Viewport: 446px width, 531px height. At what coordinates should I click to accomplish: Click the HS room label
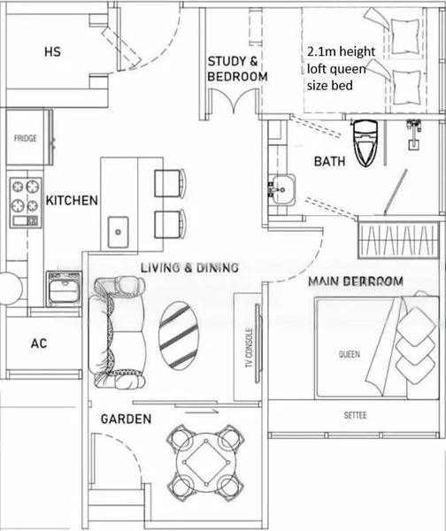(52, 52)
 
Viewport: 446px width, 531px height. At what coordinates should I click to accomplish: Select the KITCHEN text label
(72, 201)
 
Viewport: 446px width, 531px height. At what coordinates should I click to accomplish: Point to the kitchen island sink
(116, 232)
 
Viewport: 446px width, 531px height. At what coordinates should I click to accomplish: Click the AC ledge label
(38, 343)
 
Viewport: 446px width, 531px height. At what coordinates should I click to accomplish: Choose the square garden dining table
(205, 462)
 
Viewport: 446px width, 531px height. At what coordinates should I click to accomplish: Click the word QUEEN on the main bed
(350, 354)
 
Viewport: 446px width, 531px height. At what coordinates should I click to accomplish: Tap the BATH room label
(329, 162)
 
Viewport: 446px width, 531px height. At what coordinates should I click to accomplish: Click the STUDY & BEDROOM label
(237, 69)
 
